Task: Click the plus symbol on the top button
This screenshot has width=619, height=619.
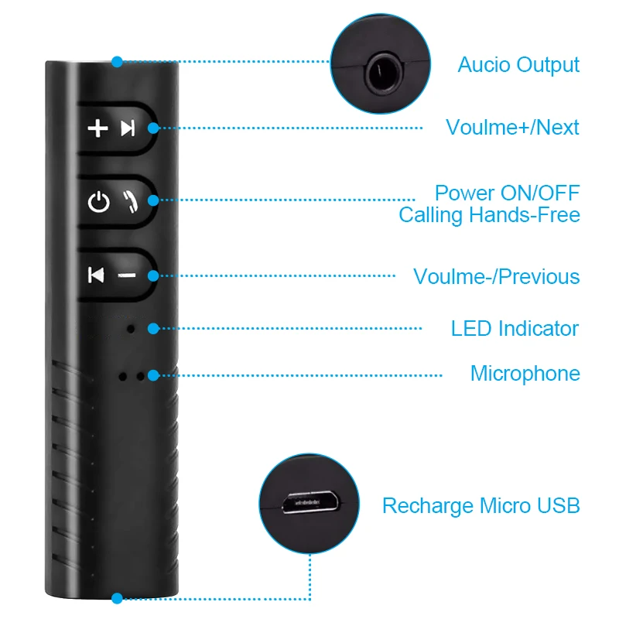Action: [x=97, y=128]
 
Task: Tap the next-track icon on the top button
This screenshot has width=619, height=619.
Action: [x=128, y=128]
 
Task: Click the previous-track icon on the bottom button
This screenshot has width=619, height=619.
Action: [x=96, y=275]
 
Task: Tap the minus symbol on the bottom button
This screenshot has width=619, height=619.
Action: [x=125, y=275]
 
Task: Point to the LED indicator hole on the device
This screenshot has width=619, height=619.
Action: [x=131, y=328]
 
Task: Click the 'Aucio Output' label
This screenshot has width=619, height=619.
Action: [x=518, y=64]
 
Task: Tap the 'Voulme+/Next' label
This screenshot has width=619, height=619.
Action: [x=512, y=127]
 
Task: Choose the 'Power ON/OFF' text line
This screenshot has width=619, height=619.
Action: [x=507, y=193]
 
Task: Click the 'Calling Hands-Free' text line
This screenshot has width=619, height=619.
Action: [x=489, y=214]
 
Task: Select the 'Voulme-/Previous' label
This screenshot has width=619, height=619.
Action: [x=496, y=276]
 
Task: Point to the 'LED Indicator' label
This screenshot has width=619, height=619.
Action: [x=515, y=328]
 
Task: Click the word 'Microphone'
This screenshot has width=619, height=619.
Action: [x=525, y=374]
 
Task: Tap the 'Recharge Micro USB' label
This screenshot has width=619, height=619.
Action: [x=480, y=506]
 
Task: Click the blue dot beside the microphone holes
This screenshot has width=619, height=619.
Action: [x=153, y=375]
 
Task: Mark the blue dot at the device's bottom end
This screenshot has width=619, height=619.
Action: [x=117, y=598]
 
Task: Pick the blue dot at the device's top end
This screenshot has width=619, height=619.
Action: [x=117, y=61]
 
